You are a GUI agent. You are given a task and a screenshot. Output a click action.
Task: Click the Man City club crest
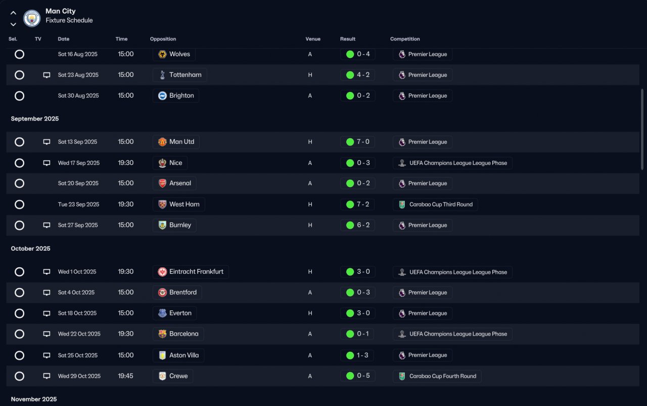point(32,18)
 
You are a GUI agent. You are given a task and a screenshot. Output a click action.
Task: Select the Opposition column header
point(163,39)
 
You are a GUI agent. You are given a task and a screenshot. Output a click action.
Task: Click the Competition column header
point(405,39)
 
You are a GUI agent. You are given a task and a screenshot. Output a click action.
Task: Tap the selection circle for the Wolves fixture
point(19,54)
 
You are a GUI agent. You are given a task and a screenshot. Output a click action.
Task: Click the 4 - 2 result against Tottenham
point(363,74)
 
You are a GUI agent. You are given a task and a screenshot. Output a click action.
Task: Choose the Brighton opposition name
point(181,96)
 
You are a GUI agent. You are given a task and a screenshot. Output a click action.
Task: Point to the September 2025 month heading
point(35,118)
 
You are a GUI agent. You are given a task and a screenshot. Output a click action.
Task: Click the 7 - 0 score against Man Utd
point(363,142)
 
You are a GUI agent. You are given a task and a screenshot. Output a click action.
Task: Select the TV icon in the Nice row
point(47,163)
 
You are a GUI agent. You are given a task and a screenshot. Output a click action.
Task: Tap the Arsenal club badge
point(162,183)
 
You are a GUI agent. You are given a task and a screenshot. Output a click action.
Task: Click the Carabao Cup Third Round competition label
point(441,204)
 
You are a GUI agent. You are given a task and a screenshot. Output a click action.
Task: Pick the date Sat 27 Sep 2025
point(78,225)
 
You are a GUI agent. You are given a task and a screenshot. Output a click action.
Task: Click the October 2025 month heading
point(31,249)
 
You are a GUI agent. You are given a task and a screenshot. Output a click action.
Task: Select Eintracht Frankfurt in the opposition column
point(196,271)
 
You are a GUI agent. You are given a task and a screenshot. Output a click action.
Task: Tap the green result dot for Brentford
point(350,293)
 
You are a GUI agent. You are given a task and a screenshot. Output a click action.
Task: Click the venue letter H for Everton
point(310,313)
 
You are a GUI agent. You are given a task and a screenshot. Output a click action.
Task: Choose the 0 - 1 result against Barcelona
point(362,334)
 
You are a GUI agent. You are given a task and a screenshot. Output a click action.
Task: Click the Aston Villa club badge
point(162,355)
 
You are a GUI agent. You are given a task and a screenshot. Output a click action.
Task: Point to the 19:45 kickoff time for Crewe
point(125,376)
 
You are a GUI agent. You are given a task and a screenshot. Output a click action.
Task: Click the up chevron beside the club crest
point(13,13)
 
